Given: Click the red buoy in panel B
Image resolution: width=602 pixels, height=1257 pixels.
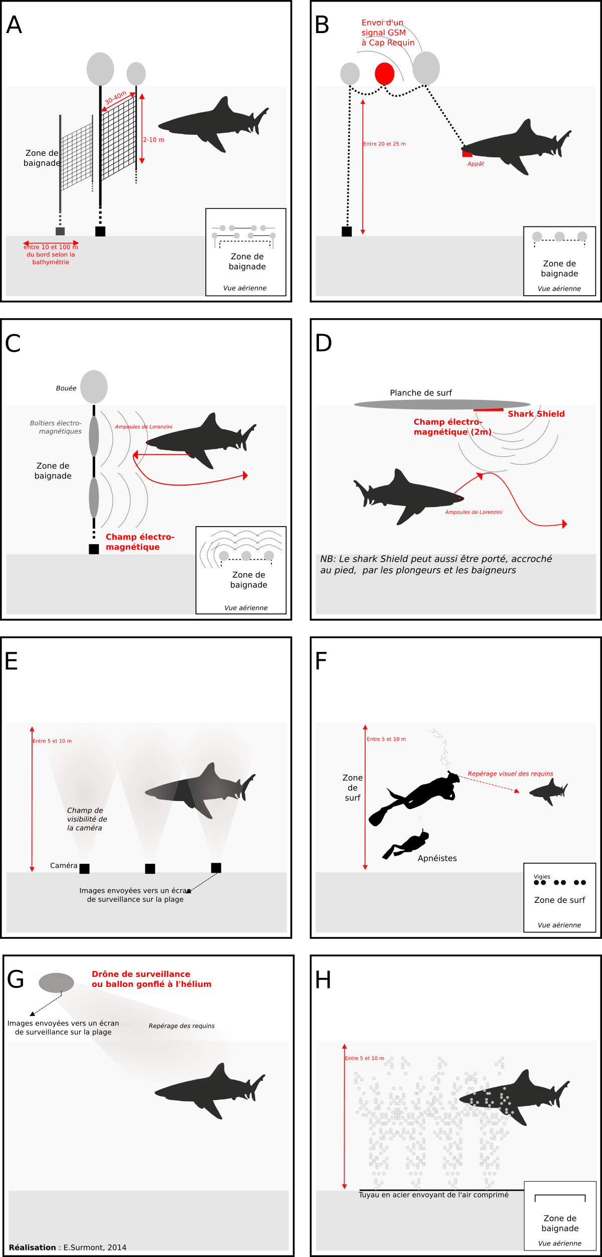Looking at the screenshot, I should (x=384, y=74).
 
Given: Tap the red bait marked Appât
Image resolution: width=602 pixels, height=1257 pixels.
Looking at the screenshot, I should (x=467, y=154).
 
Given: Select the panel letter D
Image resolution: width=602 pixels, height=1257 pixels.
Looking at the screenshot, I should (x=324, y=343).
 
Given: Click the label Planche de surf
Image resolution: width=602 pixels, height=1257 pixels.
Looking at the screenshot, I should (x=421, y=393).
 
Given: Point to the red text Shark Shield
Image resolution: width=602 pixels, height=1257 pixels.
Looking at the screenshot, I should (x=536, y=414).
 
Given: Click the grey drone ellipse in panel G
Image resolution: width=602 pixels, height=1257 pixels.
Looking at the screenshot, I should (x=56, y=983).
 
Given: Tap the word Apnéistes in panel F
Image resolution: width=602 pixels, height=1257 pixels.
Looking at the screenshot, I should (x=437, y=858).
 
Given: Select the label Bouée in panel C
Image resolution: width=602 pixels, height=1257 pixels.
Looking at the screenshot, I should (x=66, y=388).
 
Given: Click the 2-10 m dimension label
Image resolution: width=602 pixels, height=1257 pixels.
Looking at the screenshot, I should (x=154, y=140).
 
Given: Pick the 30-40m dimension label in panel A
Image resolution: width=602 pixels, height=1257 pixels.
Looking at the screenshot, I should (x=116, y=98).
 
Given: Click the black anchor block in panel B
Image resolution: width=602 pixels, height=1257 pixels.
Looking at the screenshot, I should (x=347, y=231).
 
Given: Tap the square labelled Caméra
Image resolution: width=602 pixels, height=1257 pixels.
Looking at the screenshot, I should (x=85, y=868).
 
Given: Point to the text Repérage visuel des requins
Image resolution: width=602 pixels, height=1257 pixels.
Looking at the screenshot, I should (x=510, y=774).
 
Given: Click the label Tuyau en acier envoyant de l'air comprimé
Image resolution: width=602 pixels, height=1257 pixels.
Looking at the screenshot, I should (x=433, y=1195).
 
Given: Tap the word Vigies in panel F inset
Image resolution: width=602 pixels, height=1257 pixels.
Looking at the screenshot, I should (x=541, y=876).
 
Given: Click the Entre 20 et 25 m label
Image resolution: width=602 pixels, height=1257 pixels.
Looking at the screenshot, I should (x=384, y=144).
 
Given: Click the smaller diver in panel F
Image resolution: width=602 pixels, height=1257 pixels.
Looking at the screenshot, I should (x=408, y=846).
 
